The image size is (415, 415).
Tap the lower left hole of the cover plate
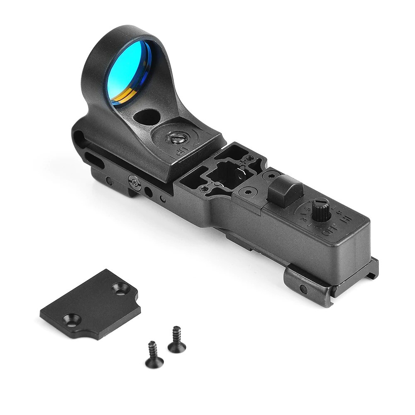68,320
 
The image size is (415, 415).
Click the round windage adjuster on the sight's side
133,181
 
